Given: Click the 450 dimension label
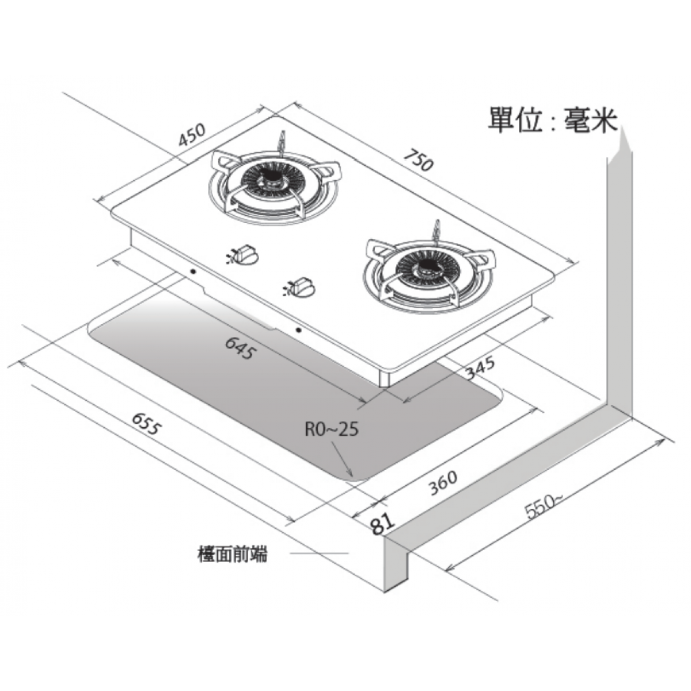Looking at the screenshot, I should (191, 135).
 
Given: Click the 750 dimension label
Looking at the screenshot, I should (419, 160).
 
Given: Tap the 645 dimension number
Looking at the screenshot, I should (239, 348).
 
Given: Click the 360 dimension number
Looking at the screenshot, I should (443, 481).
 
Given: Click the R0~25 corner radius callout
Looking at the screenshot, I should (332, 429).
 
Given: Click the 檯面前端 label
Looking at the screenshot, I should (232, 555).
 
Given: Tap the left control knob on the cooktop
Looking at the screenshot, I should (245, 253).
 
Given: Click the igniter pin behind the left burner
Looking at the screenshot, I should (282, 141).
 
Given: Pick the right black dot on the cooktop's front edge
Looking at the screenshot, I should (298, 330).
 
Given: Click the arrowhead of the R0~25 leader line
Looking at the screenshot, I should (351, 475).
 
